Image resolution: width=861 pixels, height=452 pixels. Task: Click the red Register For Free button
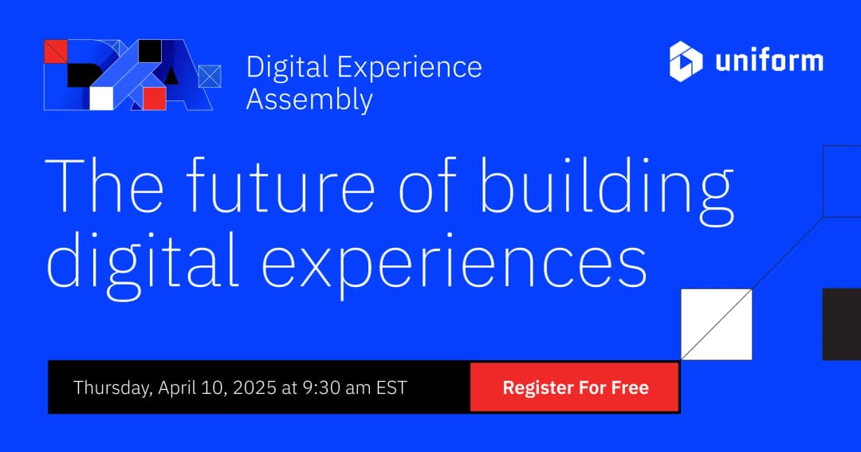tap(575, 388)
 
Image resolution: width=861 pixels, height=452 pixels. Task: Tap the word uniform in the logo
tap(769, 61)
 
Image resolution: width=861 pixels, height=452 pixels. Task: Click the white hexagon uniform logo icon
tap(686, 61)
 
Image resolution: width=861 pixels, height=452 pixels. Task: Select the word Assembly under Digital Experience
tap(309, 100)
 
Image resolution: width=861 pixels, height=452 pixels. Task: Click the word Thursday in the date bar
tap(112, 388)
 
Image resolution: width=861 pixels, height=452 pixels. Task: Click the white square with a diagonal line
tap(716, 324)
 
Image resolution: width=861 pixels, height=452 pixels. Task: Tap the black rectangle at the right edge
tap(842, 324)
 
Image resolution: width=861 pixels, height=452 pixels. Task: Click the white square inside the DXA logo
tap(102, 97)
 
